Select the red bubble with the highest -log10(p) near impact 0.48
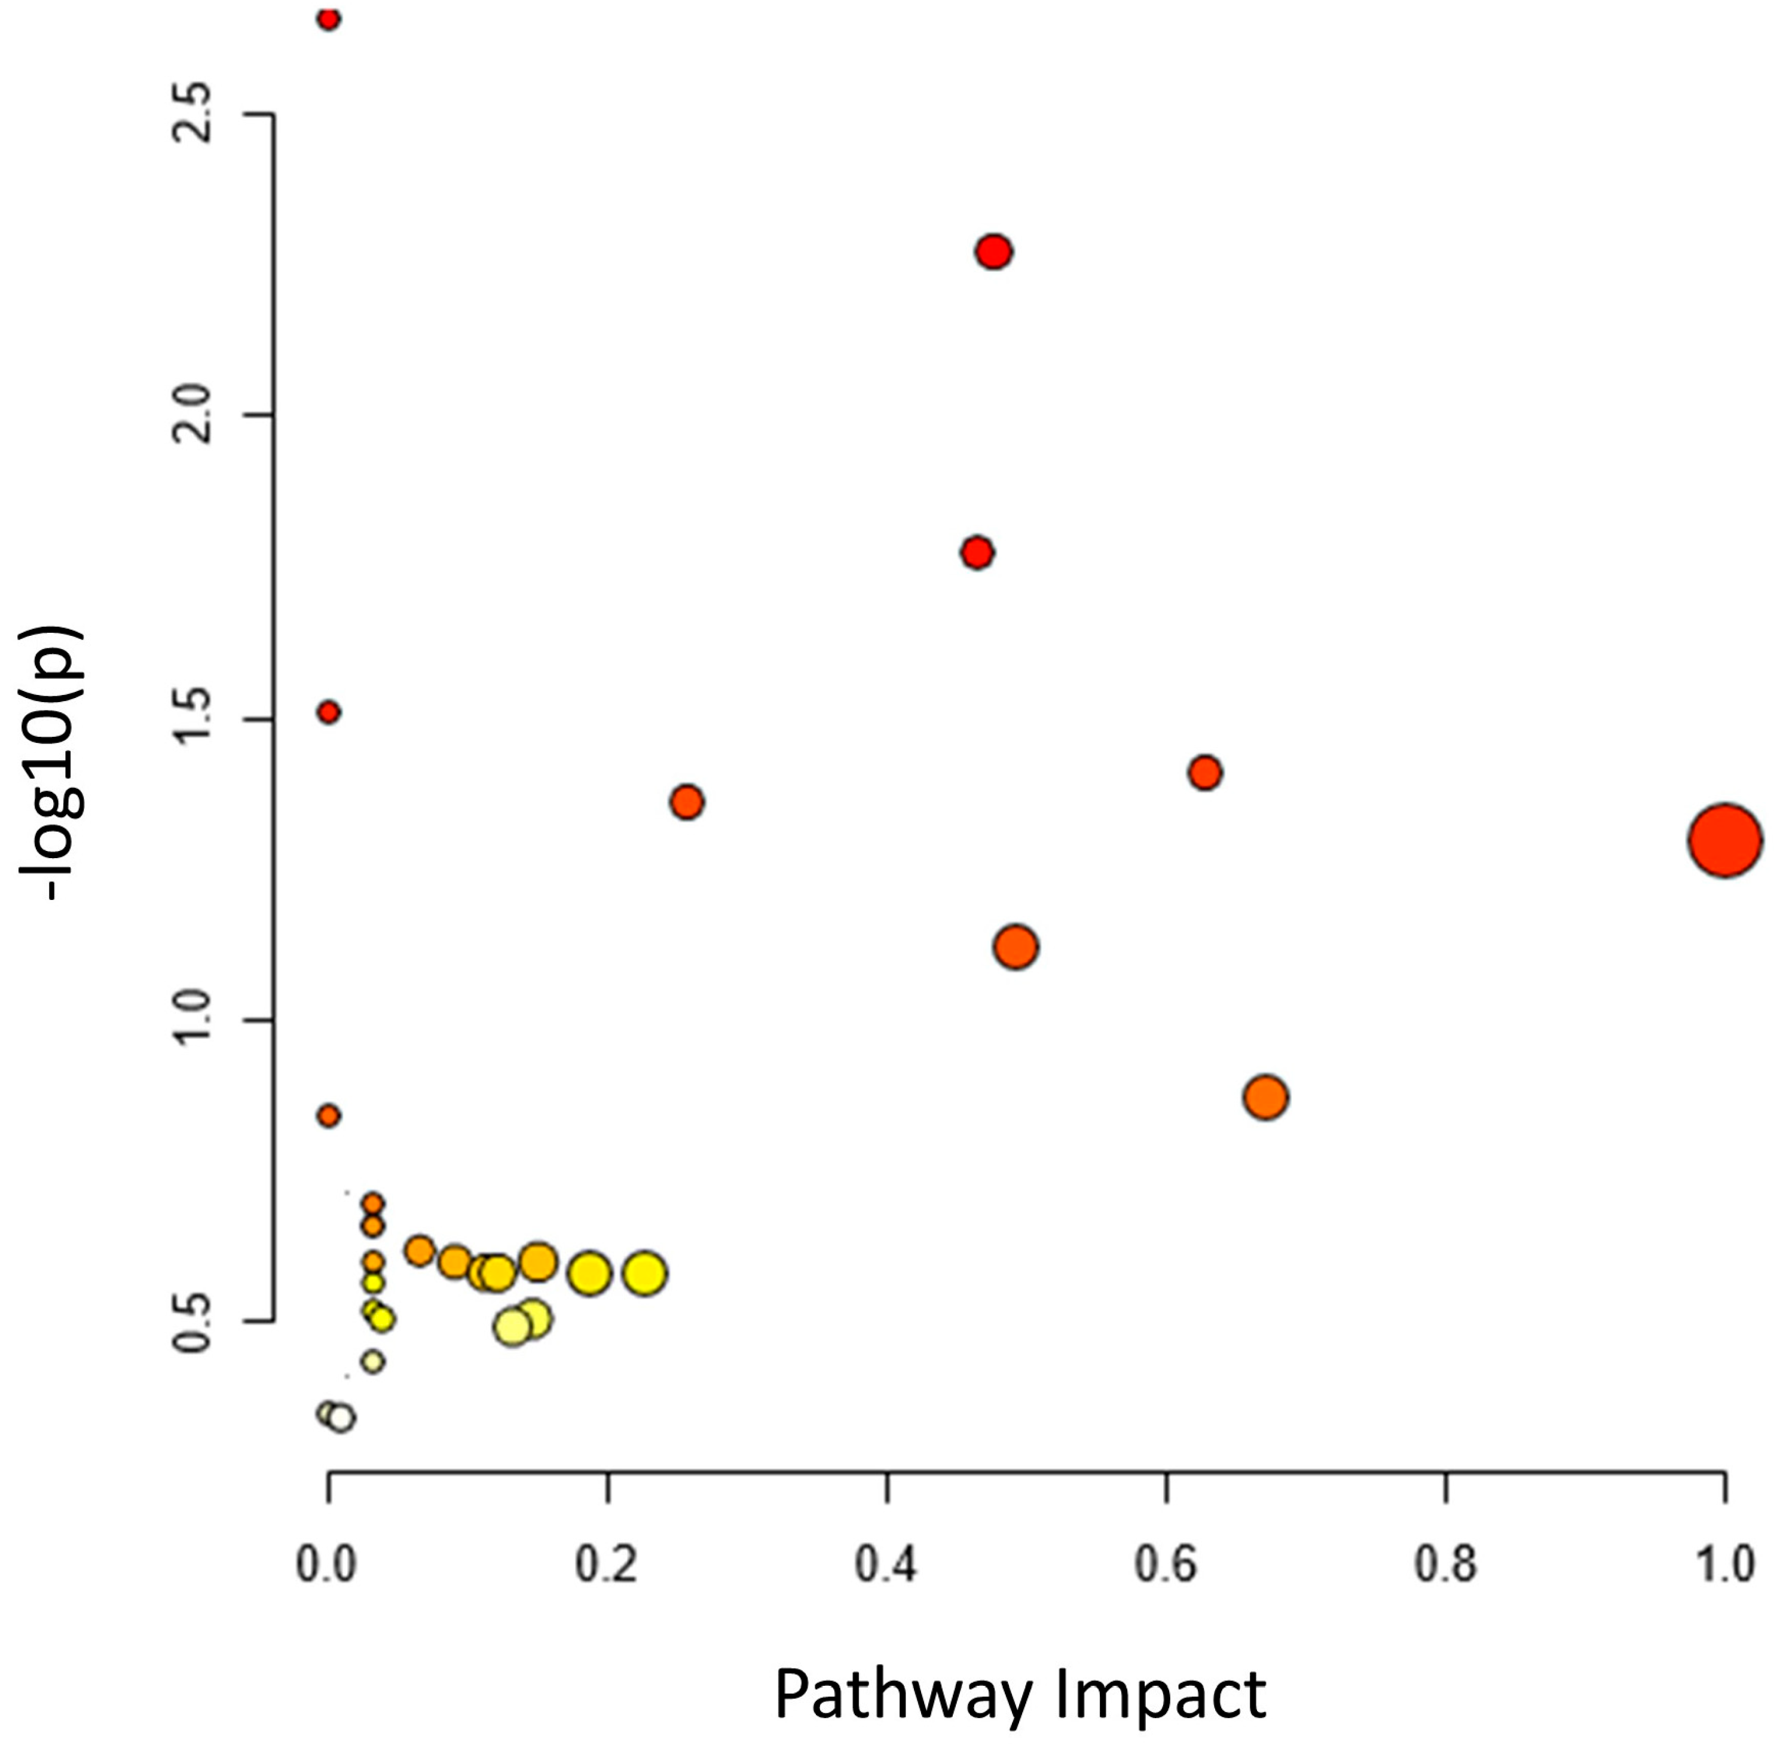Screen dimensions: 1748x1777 coord(993,252)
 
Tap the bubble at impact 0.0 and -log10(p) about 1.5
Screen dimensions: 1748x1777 coord(329,712)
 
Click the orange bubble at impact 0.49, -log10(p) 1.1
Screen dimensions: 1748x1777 coord(1015,947)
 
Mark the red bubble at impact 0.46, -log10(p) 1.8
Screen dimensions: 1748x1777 coord(977,553)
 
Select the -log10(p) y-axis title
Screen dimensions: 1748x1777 coord(53,762)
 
